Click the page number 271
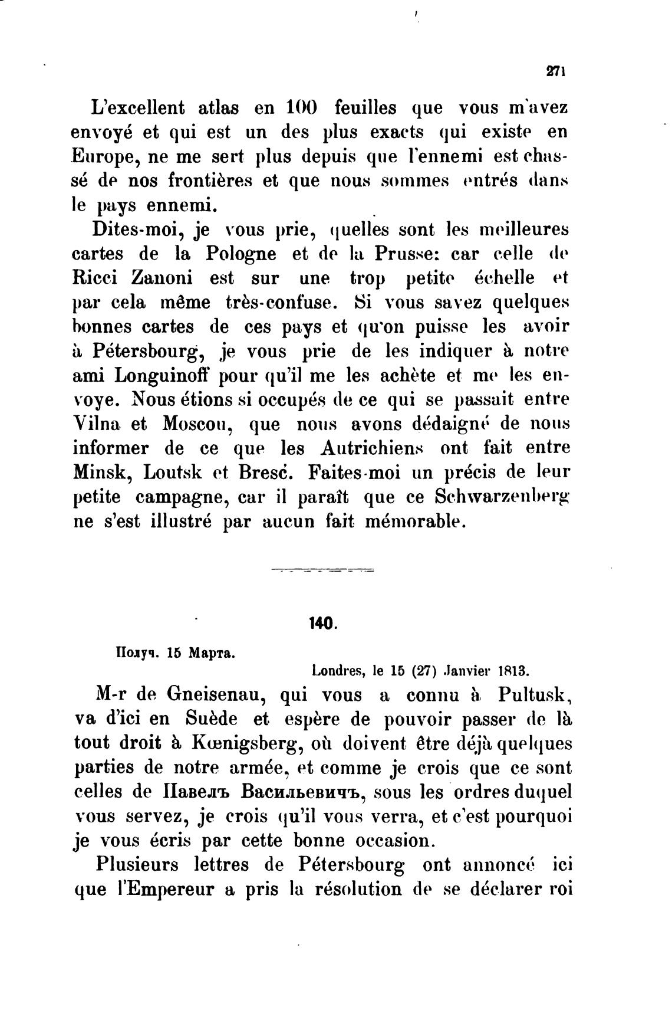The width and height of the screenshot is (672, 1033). tap(556, 71)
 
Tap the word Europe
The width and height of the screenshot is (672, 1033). tap(101, 157)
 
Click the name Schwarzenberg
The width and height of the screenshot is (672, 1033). tap(503, 497)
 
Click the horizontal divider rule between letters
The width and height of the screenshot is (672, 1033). tap(322, 570)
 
